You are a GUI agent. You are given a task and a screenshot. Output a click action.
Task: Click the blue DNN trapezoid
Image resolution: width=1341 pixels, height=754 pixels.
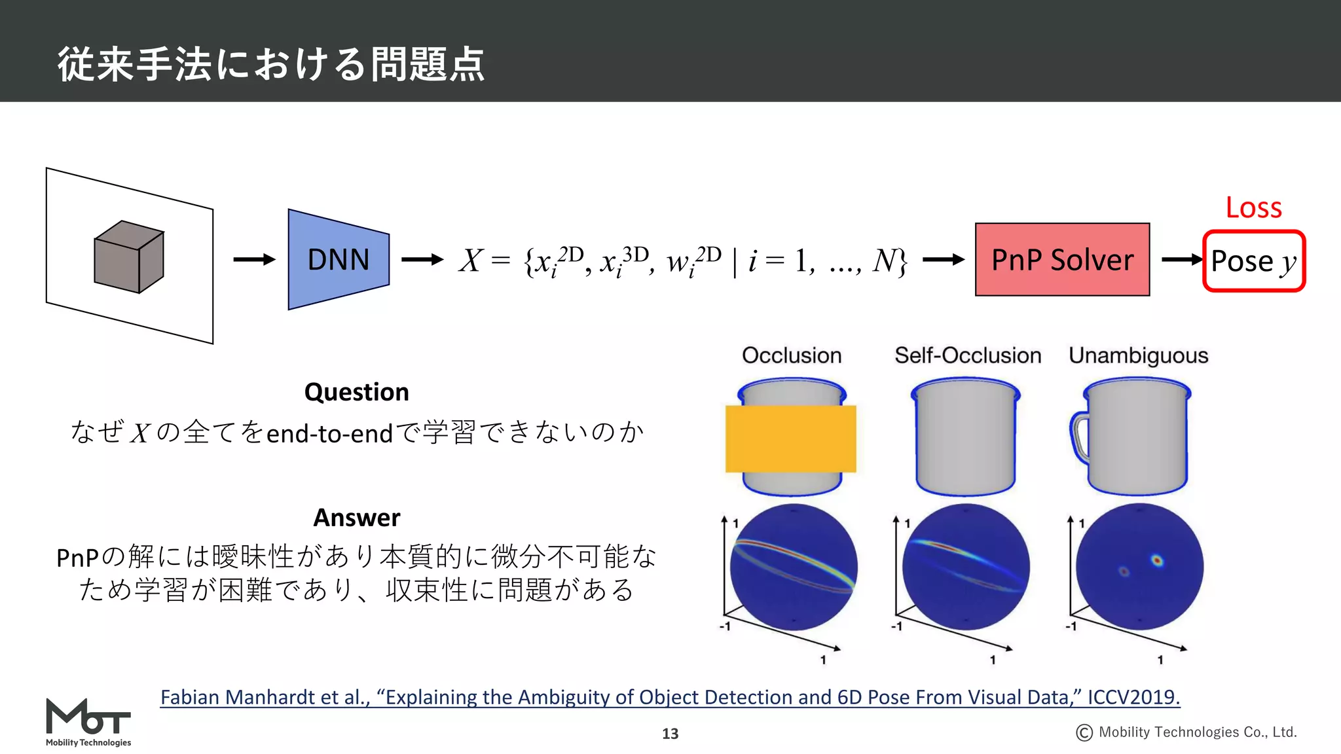tap(339, 260)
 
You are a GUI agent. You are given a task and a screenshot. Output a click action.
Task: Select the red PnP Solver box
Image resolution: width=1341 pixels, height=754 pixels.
tap(1062, 260)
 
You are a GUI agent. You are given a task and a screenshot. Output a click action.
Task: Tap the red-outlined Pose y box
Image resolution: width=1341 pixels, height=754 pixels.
tap(1253, 261)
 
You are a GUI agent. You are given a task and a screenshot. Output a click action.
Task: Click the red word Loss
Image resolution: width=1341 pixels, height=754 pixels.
tap(1253, 207)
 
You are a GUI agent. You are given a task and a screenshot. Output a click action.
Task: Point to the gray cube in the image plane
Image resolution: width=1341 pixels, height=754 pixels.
tap(129, 257)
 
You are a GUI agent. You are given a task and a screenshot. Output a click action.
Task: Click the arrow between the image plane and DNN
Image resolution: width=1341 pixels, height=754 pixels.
tap(254, 260)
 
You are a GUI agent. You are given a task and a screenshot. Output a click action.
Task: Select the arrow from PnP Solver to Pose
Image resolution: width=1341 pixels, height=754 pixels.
tap(1182, 260)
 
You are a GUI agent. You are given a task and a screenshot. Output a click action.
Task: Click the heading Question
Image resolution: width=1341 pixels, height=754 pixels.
tap(357, 392)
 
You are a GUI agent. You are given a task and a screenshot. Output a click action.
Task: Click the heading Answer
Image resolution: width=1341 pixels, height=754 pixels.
tap(357, 518)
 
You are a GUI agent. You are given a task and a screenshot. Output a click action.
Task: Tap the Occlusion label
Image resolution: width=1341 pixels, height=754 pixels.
tap(792, 355)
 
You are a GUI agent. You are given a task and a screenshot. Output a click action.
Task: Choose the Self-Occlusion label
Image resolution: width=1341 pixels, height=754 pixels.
tap(968, 355)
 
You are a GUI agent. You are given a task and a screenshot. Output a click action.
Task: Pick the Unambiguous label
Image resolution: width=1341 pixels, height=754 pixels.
tap(1138, 355)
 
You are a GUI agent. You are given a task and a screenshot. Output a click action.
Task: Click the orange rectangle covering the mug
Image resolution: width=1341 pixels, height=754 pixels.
tap(791, 439)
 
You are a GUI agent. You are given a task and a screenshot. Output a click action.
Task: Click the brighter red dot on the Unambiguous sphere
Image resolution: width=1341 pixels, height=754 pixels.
tap(1157, 560)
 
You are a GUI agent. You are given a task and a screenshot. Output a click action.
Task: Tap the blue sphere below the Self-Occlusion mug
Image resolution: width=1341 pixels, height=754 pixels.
tap(966, 567)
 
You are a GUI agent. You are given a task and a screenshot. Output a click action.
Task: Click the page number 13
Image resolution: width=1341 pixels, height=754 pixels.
tap(670, 734)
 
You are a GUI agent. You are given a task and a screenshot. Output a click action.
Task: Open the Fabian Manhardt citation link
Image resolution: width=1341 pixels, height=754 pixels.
tap(670, 698)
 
